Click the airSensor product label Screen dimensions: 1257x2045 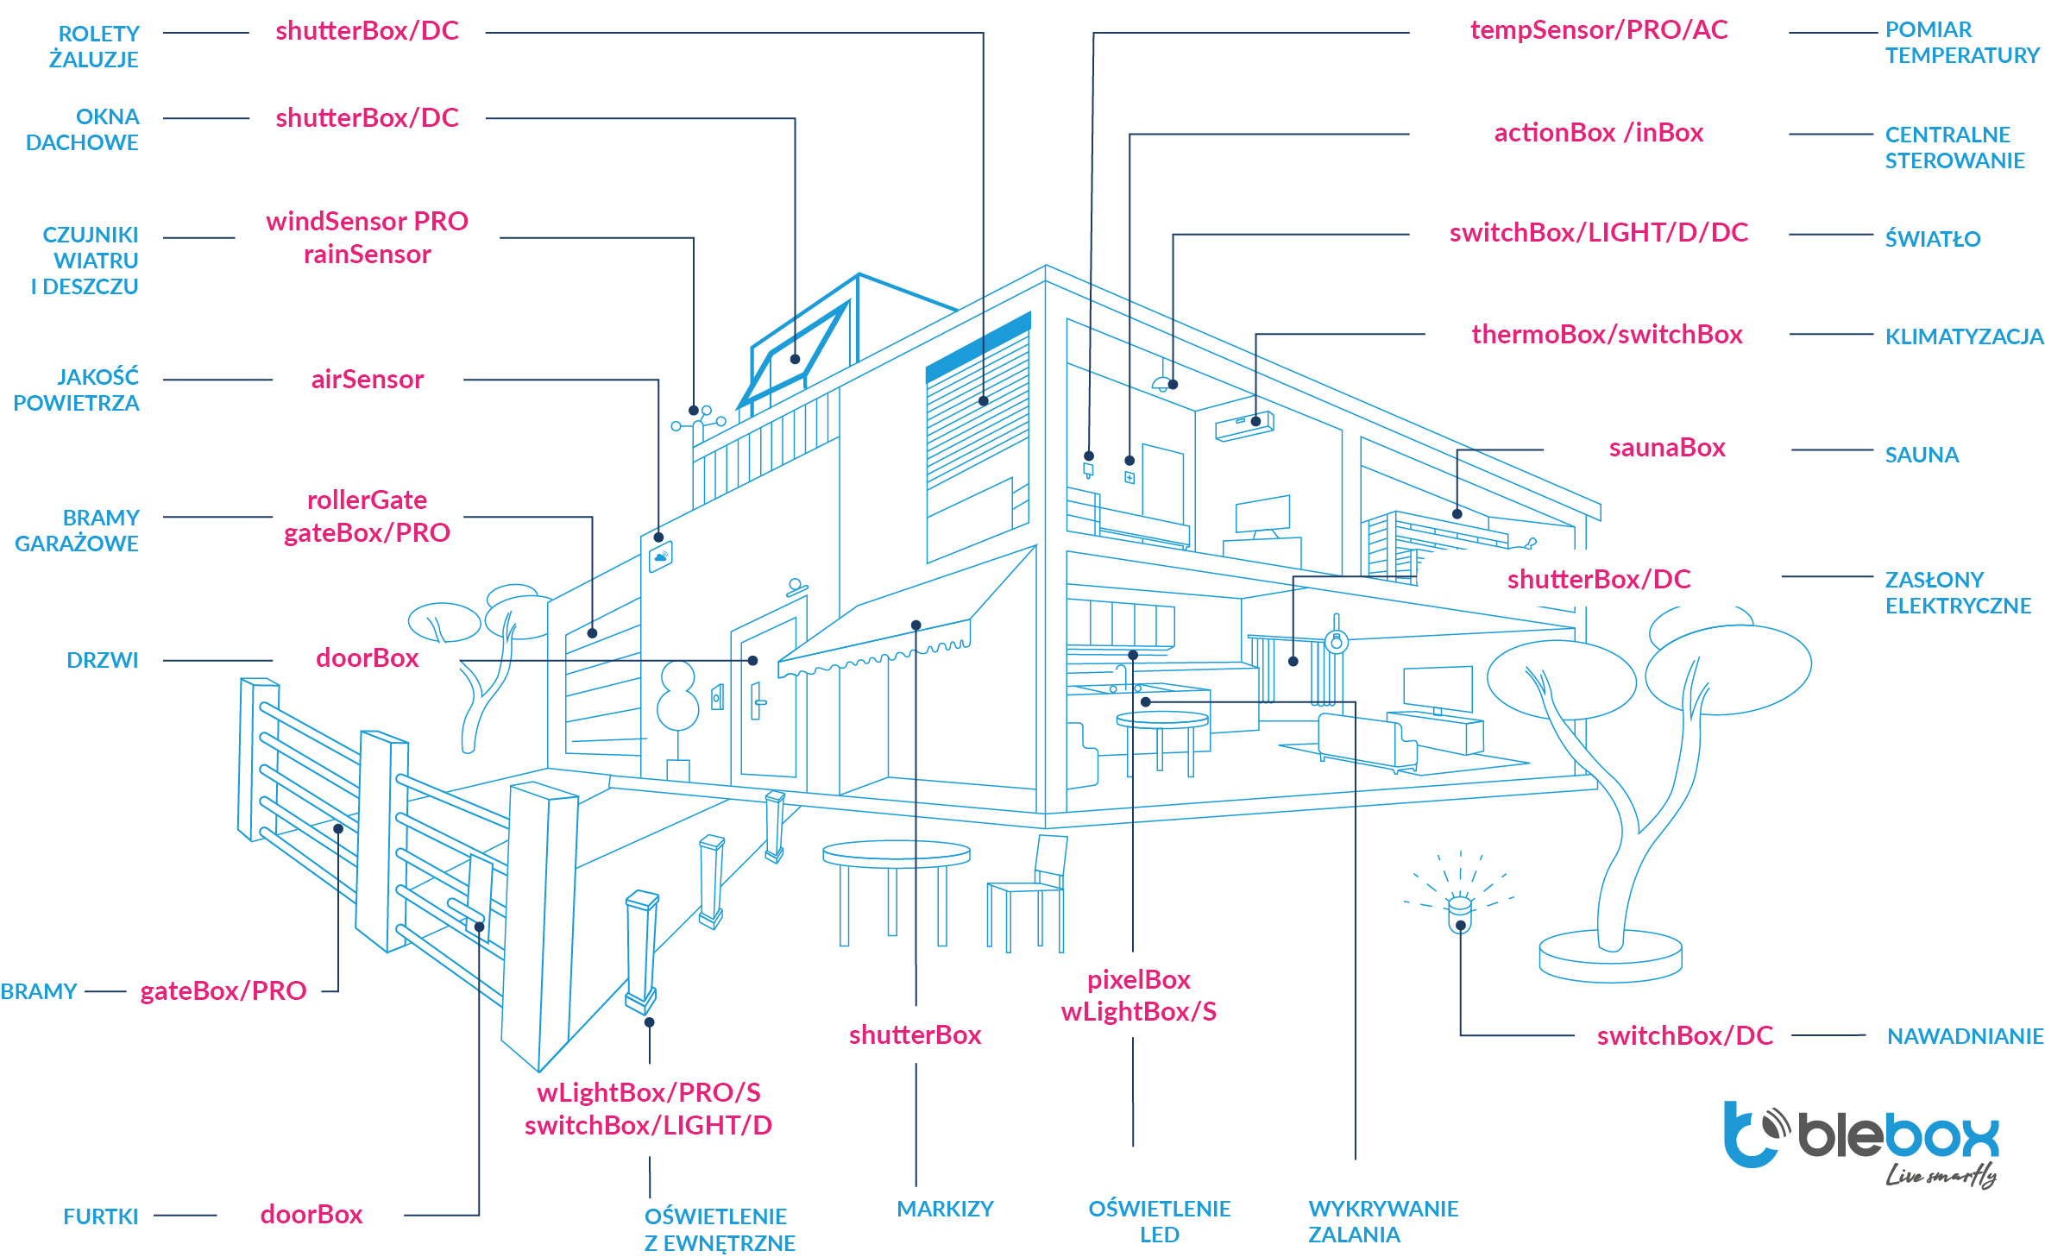(x=367, y=380)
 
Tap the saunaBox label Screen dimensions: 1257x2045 (x=1666, y=448)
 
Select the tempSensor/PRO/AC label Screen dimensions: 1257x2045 (x=1599, y=30)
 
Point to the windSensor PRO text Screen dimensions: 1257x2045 (x=367, y=222)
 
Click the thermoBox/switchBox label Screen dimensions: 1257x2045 (x=1607, y=335)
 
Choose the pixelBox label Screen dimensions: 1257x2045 (x=1138, y=980)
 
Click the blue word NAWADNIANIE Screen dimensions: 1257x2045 (x=1965, y=1036)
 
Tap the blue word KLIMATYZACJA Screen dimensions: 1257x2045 (x=1964, y=336)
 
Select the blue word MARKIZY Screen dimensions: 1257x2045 (x=945, y=1209)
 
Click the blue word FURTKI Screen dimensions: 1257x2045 (x=100, y=1216)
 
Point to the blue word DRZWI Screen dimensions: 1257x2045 (x=102, y=660)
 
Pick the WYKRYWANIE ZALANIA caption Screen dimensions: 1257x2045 (x=1382, y=1221)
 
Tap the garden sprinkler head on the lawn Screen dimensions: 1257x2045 (x=1459, y=913)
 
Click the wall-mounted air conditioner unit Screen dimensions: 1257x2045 (x=1243, y=425)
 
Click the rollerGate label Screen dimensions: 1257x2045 (x=367, y=500)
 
